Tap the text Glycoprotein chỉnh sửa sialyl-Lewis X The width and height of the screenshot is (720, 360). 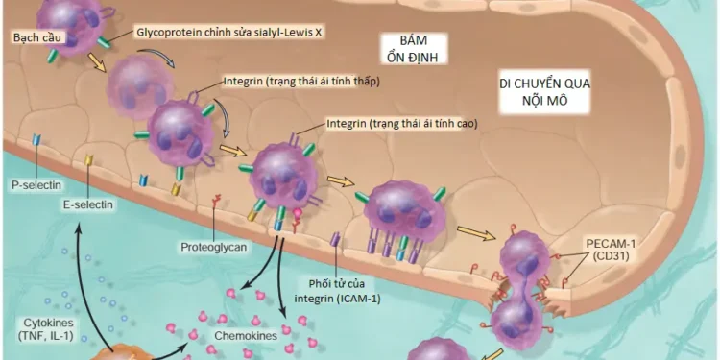tap(231, 32)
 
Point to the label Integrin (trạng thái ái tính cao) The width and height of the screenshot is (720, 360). tap(401, 124)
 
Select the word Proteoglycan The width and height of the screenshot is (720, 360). tap(213, 247)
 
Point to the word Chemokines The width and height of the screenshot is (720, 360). tap(246, 336)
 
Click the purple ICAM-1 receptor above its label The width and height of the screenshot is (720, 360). tap(335, 241)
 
